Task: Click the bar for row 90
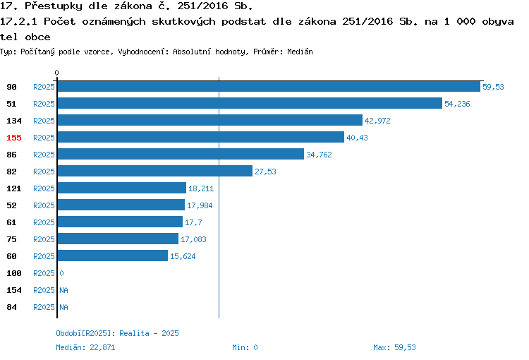269,86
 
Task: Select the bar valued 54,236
250,103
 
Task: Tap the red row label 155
14,138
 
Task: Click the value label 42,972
377,121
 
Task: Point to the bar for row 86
181,154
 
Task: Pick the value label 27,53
265,172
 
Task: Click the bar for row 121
122,188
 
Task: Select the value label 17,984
200,205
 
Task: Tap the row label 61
11,222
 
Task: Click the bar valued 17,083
118,239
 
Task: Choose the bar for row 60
113,256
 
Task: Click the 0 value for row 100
62,273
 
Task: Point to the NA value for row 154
63,290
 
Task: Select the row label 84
11,307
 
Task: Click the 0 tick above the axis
56,73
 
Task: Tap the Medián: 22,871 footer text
85,347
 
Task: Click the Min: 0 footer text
245,347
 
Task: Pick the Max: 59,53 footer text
394,347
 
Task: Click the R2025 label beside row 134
44,121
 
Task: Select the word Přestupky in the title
54,6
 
